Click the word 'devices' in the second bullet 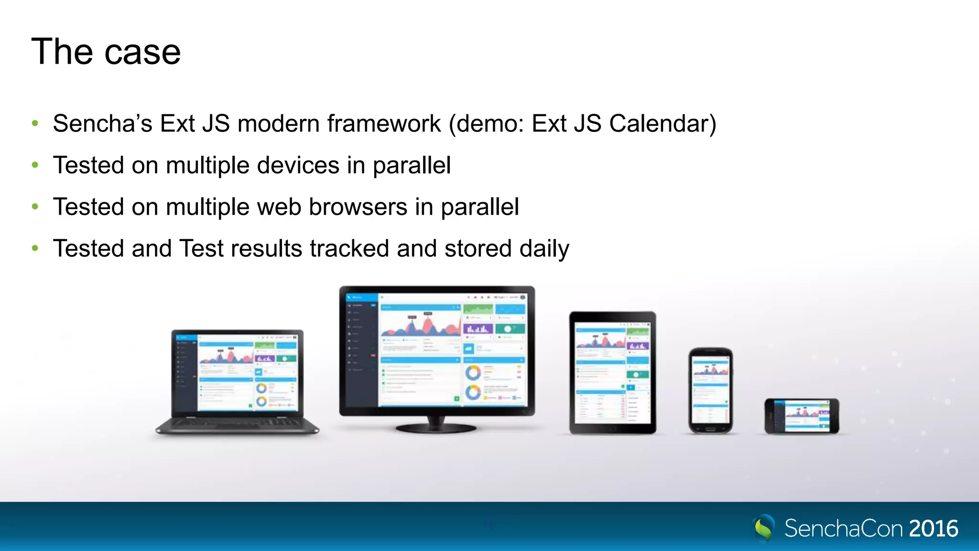pyautogui.click(x=298, y=165)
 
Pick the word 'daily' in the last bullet pyautogui.click(x=544, y=249)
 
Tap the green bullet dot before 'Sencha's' pyautogui.click(x=35, y=123)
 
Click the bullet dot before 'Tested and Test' pyautogui.click(x=35, y=248)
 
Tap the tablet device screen pyautogui.click(x=612, y=373)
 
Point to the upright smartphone pyautogui.click(x=711, y=390)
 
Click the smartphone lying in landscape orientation pyautogui.click(x=802, y=416)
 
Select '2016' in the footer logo pyautogui.click(x=934, y=529)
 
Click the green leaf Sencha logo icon pyautogui.click(x=764, y=528)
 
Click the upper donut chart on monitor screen pyautogui.click(x=473, y=373)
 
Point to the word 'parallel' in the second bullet pyautogui.click(x=412, y=165)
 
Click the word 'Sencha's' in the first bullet pyautogui.click(x=102, y=123)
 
